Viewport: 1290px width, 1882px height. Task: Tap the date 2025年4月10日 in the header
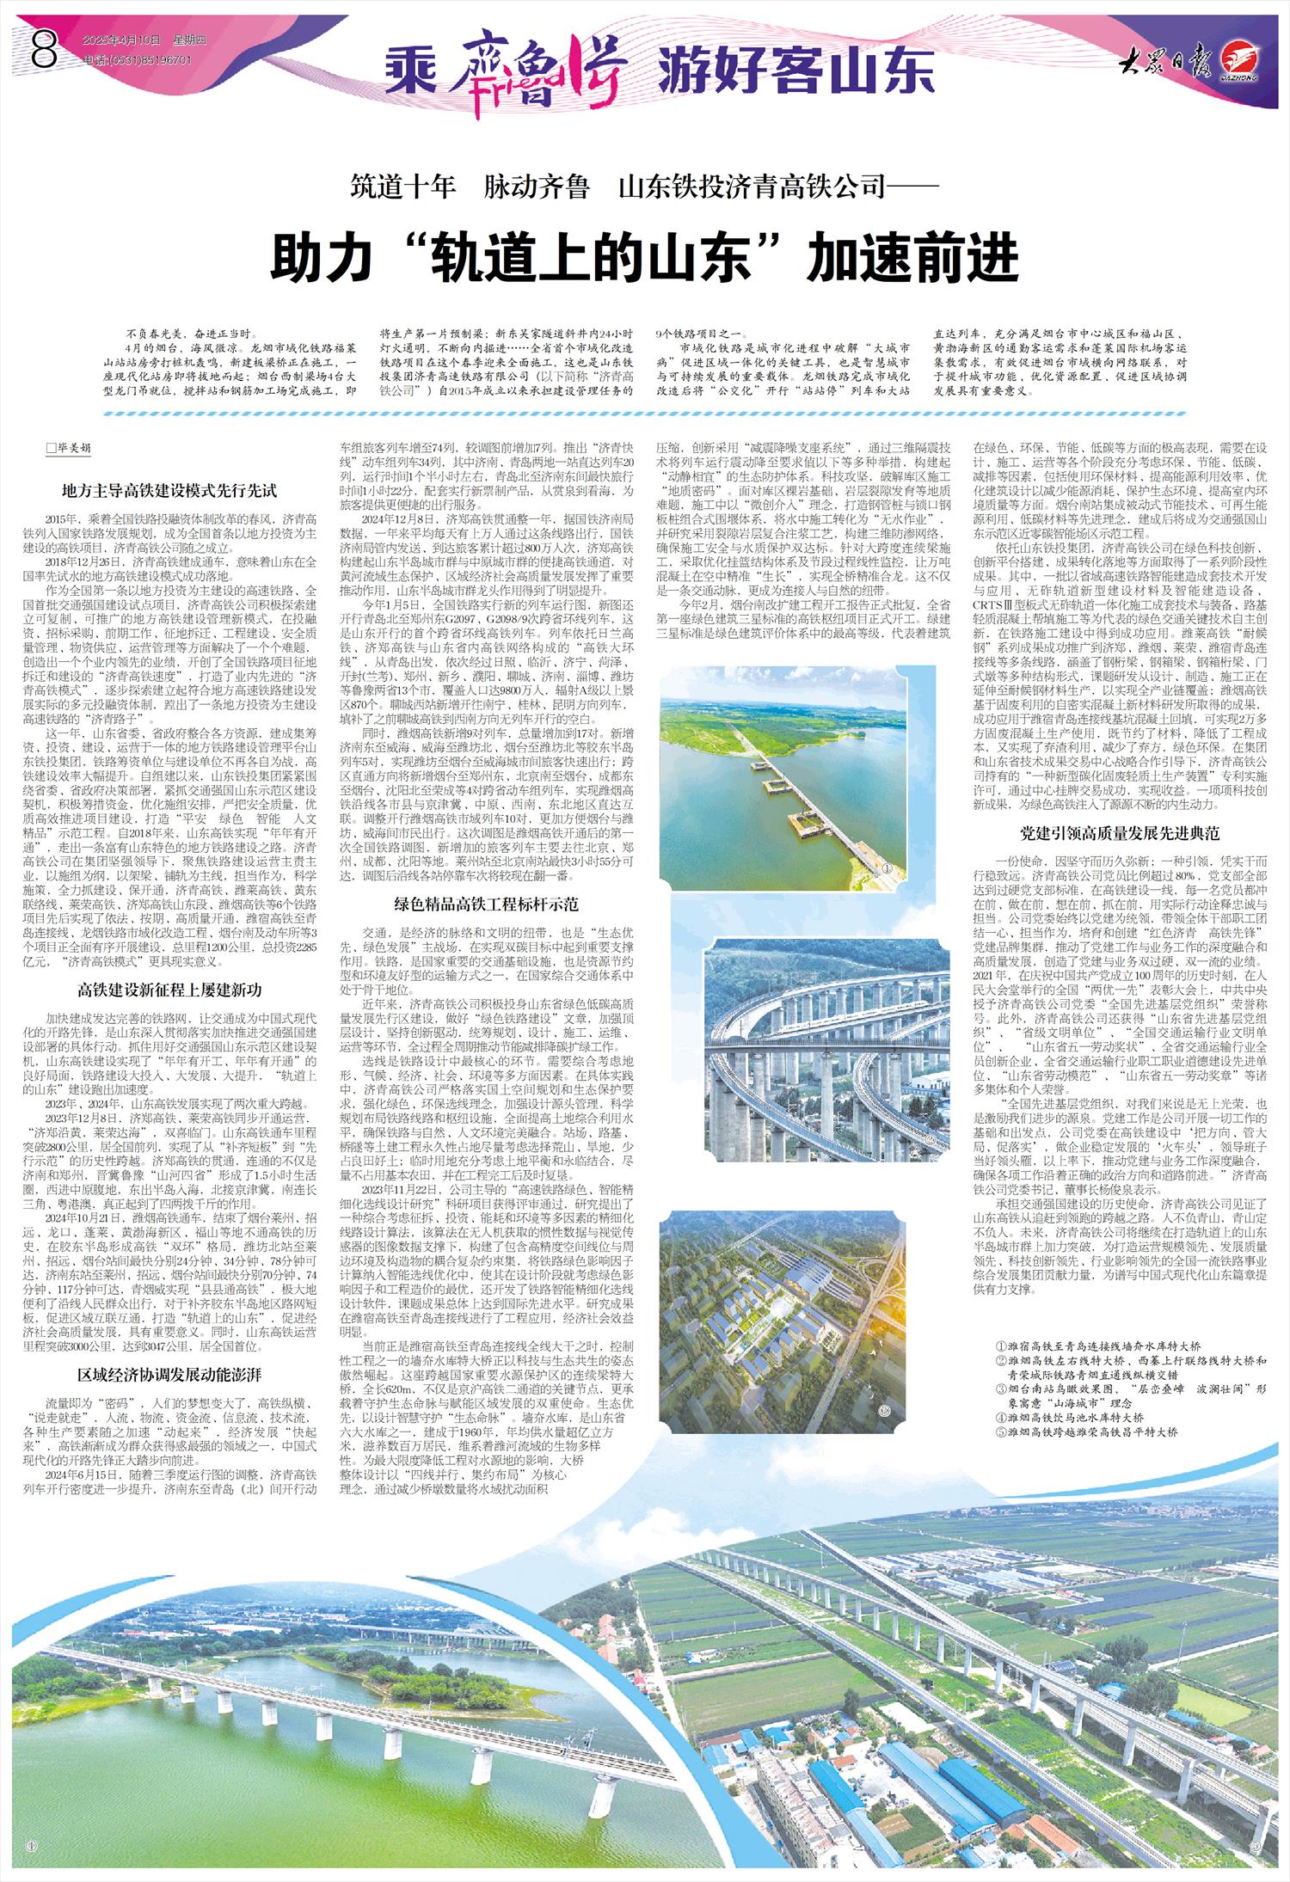pyautogui.click(x=122, y=41)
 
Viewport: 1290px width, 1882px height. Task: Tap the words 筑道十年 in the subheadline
pyautogui.click(x=403, y=187)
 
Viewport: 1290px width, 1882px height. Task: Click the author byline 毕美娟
pyautogui.click(x=73, y=449)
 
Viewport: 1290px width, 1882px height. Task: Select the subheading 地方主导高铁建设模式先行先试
pyautogui.click(x=170, y=490)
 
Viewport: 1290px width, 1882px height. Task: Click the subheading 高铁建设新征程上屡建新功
pyautogui.click(x=169, y=990)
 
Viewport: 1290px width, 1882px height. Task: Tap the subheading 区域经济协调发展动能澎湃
pyautogui.click(x=169, y=1375)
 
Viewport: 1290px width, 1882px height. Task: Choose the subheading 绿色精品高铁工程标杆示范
pyautogui.click(x=487, y=904)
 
